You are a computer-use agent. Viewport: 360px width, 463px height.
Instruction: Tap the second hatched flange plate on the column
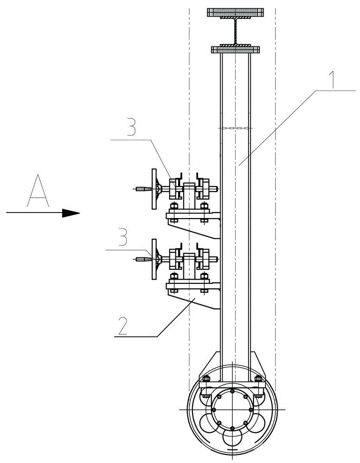coord(236,48)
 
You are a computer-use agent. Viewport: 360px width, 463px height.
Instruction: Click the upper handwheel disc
coord(154,188)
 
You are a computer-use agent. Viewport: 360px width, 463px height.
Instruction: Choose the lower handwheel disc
coord(154,259)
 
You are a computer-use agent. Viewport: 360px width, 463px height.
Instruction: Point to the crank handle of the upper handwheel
coord(143,189)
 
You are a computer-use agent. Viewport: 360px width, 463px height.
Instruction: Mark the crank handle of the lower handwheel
coord(143,259)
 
